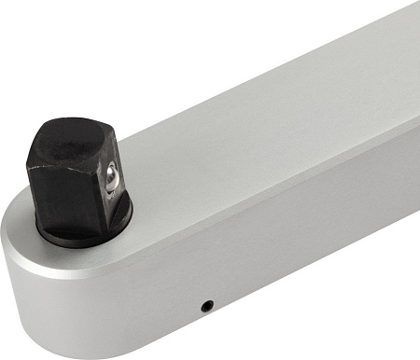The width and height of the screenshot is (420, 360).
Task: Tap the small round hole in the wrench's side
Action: click(x=206, y=305)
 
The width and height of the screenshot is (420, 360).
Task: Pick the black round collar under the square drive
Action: click(x=84, y=233)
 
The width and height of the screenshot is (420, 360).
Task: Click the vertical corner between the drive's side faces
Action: click(x=99, y=191)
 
